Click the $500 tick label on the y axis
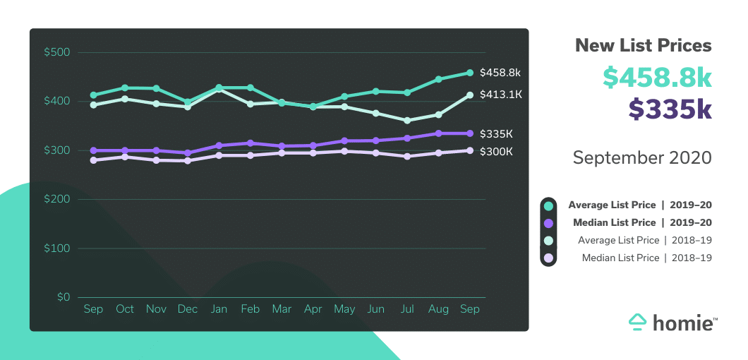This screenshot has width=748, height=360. pyautogui.click(x=56, y=52)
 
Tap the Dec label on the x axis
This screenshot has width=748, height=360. pyautogui.click(x=188, y=309)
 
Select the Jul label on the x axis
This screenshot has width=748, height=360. pyautogui.click(x=407, y=309)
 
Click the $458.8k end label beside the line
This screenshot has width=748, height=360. pyautogui.click(x=500, y=73)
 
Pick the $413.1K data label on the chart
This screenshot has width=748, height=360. pyautogui.click(x=500, y=95)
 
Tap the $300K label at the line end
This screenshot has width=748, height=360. pyautogui.click(x=497, y=151)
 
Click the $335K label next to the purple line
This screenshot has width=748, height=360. pyautogui.click(x=497, y=133)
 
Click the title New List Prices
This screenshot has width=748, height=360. pyautogui.click(x=643, y=46)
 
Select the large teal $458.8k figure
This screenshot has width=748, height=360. pyautogui.click(x=656, y=77)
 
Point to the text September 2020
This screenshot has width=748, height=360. pyautogui.click(x=642, y=157)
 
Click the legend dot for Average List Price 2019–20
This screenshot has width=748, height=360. pyautogui.click(x=548, y=205)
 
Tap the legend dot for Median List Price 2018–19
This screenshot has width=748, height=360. pyautogui.click(x=548, y=258)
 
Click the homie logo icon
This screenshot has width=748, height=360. pyautogui.click(x=638, y=322)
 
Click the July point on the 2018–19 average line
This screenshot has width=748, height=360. pyautogui.click(x=407, y=121)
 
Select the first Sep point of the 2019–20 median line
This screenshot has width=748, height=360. pyautogui.click(x=93, y=150)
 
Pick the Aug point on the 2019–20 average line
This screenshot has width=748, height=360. pyautogui.click(x=438, y=79)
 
